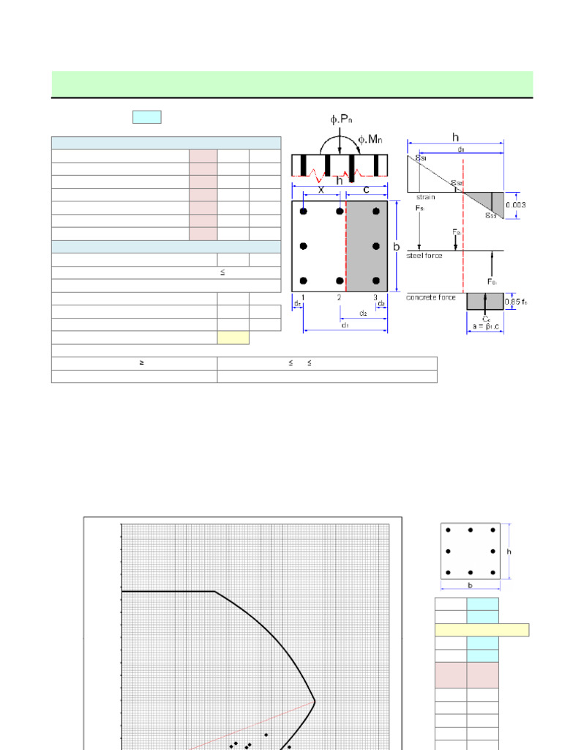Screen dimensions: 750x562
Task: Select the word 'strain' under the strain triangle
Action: tap(425, 197)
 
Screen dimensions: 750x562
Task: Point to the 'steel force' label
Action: tap(424, 255)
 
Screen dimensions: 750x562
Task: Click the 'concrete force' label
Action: tap(432, 297)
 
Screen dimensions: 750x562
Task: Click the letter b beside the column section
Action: tap(397, 247)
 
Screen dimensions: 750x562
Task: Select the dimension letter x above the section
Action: tap(321, 189)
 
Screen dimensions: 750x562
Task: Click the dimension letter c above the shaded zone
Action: tap(366, 189)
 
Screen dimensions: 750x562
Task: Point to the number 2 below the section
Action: tap(339, 297)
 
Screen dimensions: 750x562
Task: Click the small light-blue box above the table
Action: tap(146, 117)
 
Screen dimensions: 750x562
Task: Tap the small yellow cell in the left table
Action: tap(233, 338)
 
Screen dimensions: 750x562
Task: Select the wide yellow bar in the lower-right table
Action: tap(482, 630)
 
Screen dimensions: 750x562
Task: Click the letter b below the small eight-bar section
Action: tap(470, 586)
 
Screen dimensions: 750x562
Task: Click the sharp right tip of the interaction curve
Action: tap(315, 701)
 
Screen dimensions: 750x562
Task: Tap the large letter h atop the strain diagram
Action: tap(455, 137)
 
